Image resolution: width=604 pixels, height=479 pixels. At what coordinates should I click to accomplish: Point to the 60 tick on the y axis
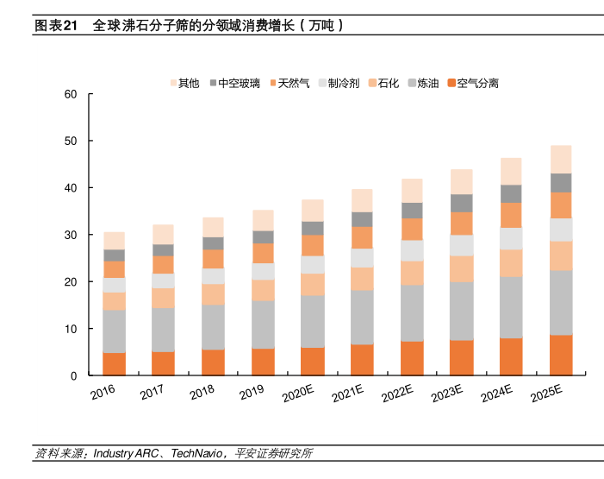pos(71,94)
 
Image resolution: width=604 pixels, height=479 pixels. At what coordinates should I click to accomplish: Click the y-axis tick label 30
pos(71,235)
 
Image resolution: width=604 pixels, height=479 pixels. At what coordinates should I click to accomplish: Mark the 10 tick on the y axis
pos(71,329)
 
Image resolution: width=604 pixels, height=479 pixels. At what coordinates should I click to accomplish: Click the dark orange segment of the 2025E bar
pos(561,355)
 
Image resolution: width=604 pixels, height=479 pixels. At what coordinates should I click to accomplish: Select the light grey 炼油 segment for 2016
pos(114,331)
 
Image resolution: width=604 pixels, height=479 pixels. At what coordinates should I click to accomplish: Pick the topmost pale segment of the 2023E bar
pos(461,181)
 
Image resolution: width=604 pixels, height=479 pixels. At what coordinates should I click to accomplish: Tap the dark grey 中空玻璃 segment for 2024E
pos(511,193)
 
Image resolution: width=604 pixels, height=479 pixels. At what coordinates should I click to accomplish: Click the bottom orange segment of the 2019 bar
pos(263,362)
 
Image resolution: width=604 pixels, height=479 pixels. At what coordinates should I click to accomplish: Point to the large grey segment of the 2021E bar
pos(362,317)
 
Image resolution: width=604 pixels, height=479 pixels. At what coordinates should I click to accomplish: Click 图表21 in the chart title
pos(56,26)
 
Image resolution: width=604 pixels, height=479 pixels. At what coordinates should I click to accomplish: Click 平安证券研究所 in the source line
pos(272,453)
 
